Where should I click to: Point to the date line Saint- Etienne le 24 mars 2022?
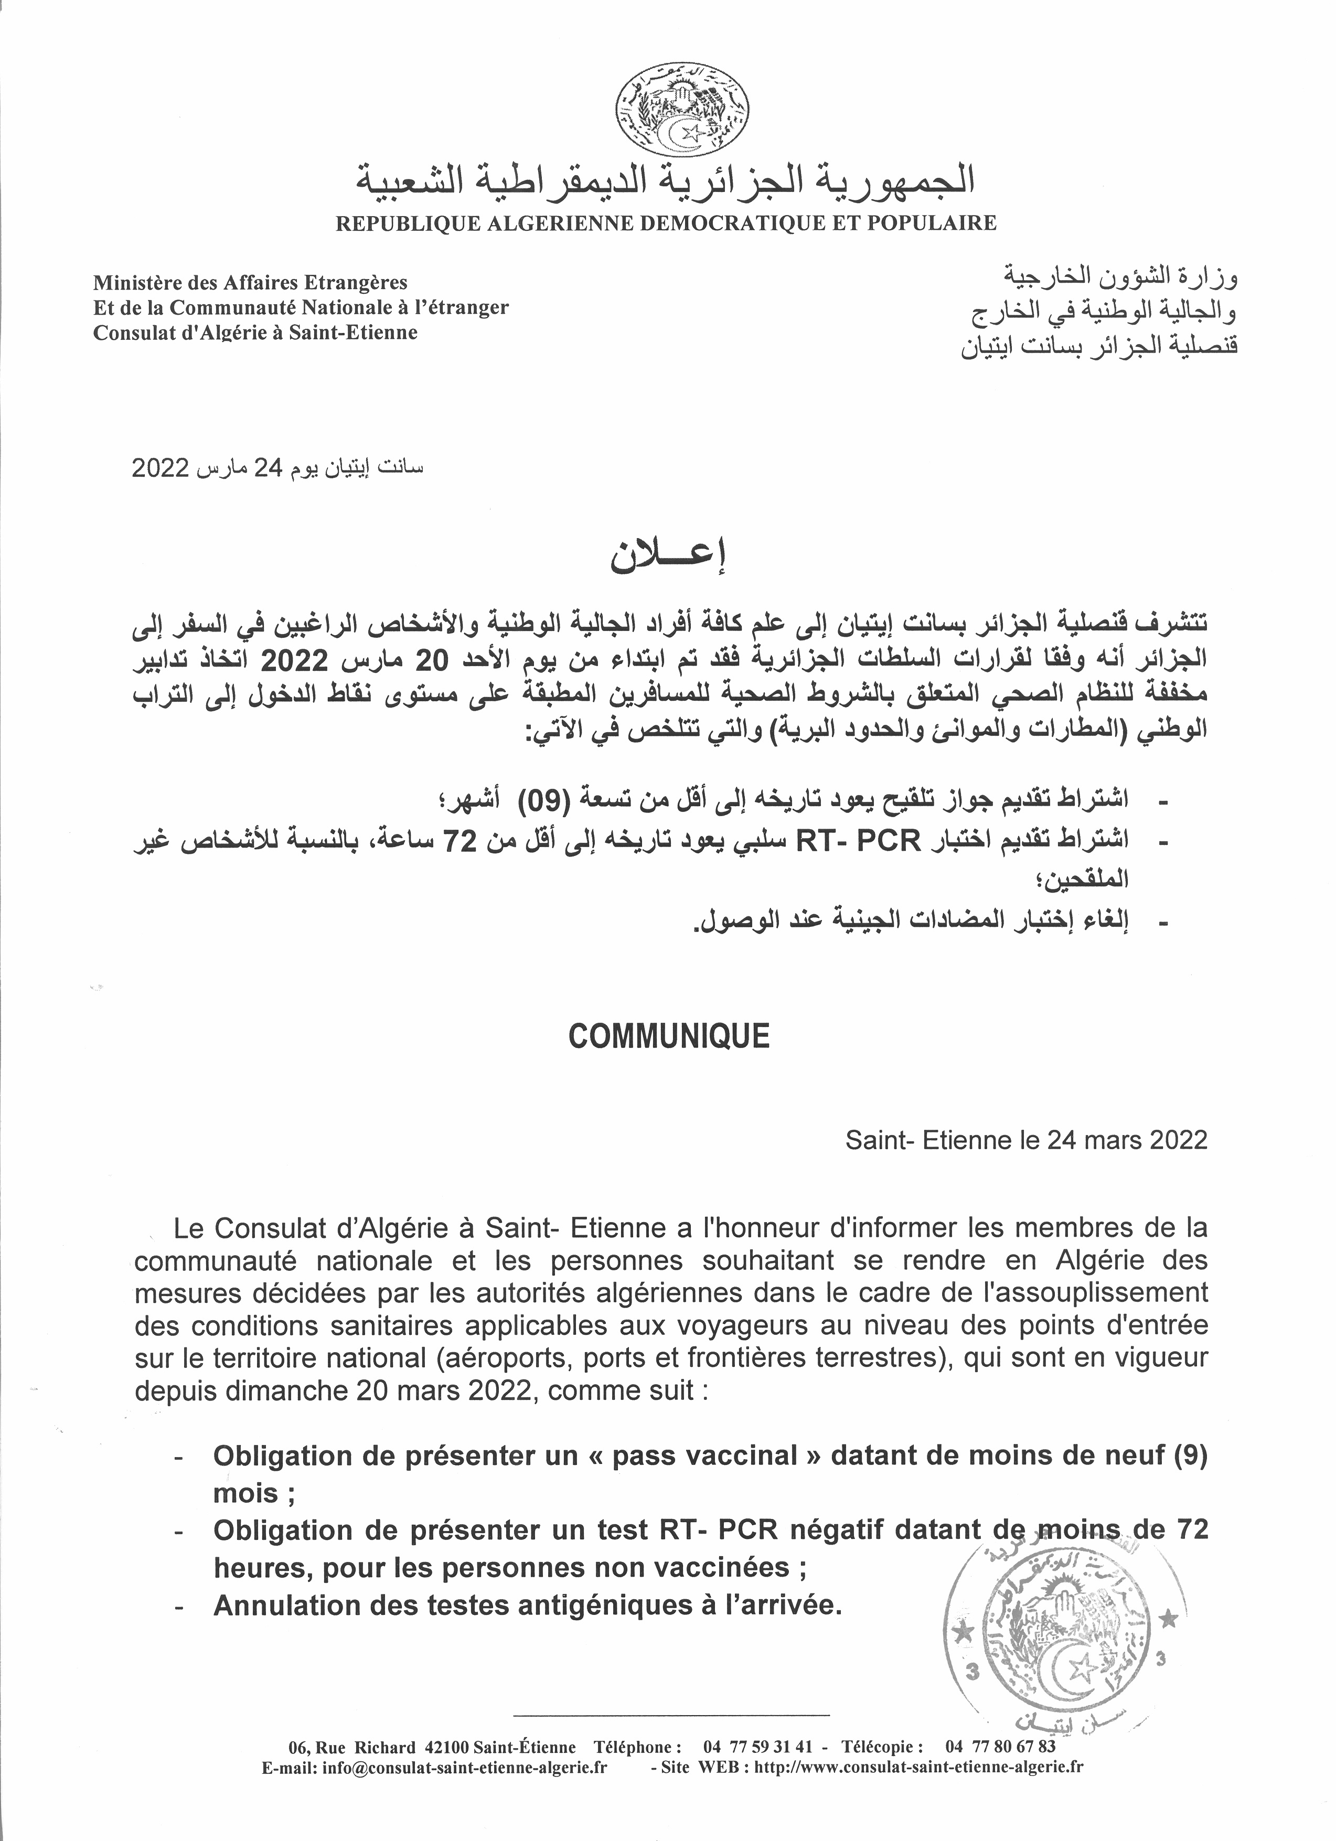coord(1026,1140)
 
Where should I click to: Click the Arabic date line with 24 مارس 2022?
coord(277,469)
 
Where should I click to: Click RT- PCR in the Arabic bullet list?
coord(859,842)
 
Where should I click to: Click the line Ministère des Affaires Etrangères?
coord(250,283)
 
